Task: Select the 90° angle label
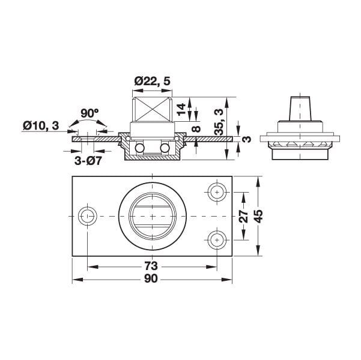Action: [89, 113]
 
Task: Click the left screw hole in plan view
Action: [88, 215]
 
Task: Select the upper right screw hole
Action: [216, 192]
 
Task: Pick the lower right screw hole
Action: [216, 239]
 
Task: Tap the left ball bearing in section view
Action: [139, 148]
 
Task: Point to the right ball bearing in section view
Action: [164, 148]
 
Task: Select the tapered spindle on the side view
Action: [299, 108]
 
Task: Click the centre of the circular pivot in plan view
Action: [152, 215]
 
